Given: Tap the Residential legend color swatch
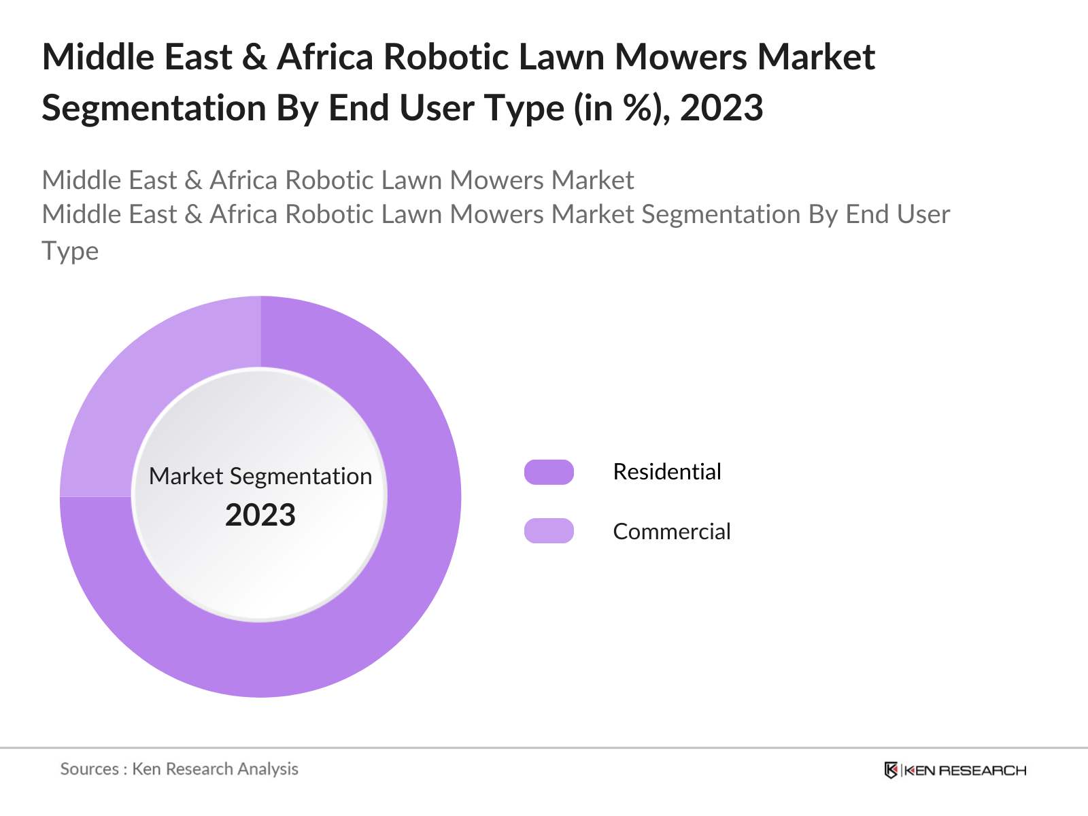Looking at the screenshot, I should [x=549, y=472].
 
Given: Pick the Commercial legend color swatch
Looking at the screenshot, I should [x=549, y=531].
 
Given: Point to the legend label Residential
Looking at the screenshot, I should [x=666, y=472].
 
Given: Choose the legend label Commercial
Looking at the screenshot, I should [x=671, y=531].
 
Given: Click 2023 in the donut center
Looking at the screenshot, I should [x=260, y=515].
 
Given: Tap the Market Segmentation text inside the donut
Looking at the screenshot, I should [x=260, y=476].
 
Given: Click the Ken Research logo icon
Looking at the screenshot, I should [x=891, y=770].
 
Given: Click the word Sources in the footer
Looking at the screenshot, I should [x=89, y=769].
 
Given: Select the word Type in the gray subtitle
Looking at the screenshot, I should [x=70, y=251].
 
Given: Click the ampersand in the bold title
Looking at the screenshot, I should [x=254, y=56].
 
